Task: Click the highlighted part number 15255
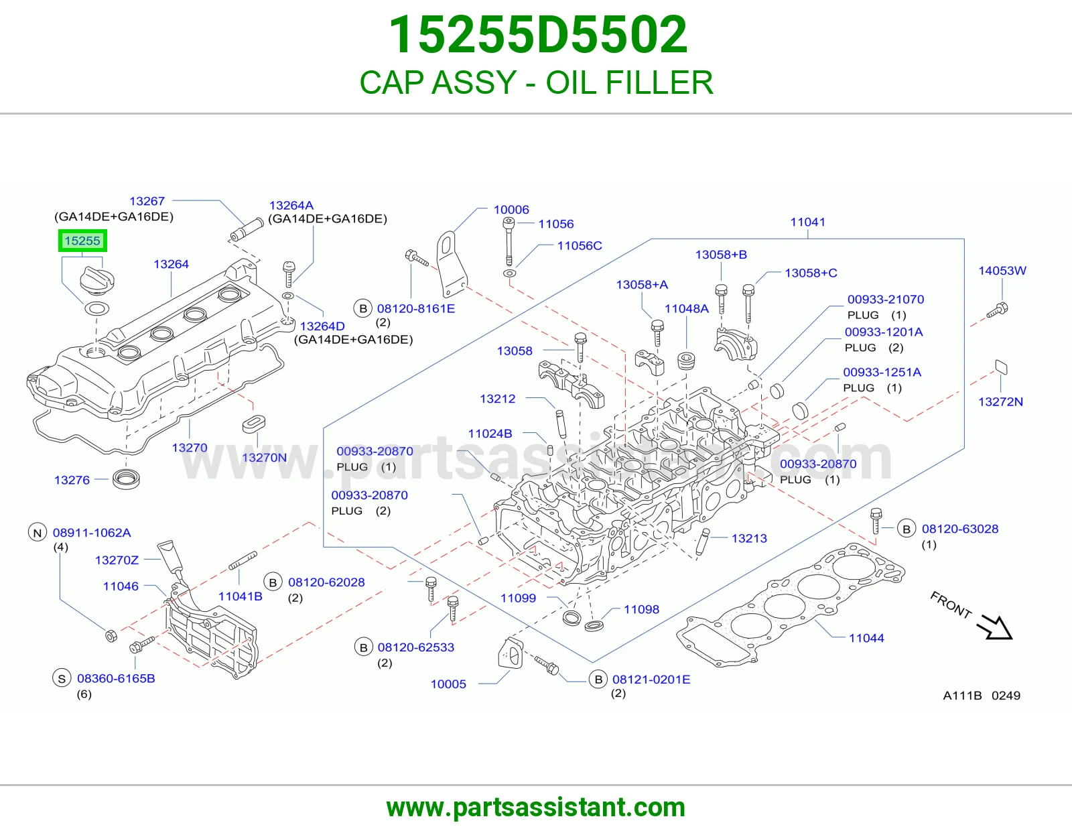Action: pyautogui.click(x=82, y=241)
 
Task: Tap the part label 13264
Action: pyautogui.click(x=171, y=264)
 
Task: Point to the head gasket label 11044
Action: pyautogui.click(x=866, y=637)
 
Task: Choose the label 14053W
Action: pyautogui.click(x=1002, y=271)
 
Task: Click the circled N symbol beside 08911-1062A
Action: pyautogui.click(x=38, y=533)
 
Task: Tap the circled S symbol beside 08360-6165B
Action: pyautogui.click(x=62, y=678)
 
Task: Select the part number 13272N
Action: pyautogui.click(x=1000, y=401)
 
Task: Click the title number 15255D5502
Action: pyautogui.click(x=538, y=35)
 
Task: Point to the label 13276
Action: pyautogui.click(x=72, y=480)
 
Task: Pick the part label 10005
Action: pyautogui.click(x=448, y=684)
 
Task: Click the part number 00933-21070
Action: pyautogui.click(x=886, y=299)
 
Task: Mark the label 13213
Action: pyautogui.click(x=749, y=538)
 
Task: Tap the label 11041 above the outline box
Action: pyautogui.click(x=807, y=222)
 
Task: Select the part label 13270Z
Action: pyautogui.click(x=117, y=560)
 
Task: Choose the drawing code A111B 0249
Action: pyautogui.click(x=982, y=696)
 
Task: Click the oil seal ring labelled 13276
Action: pyautogui.click(x=126, y=478)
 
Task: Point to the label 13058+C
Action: pyautogui.click(x=811, y=273)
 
